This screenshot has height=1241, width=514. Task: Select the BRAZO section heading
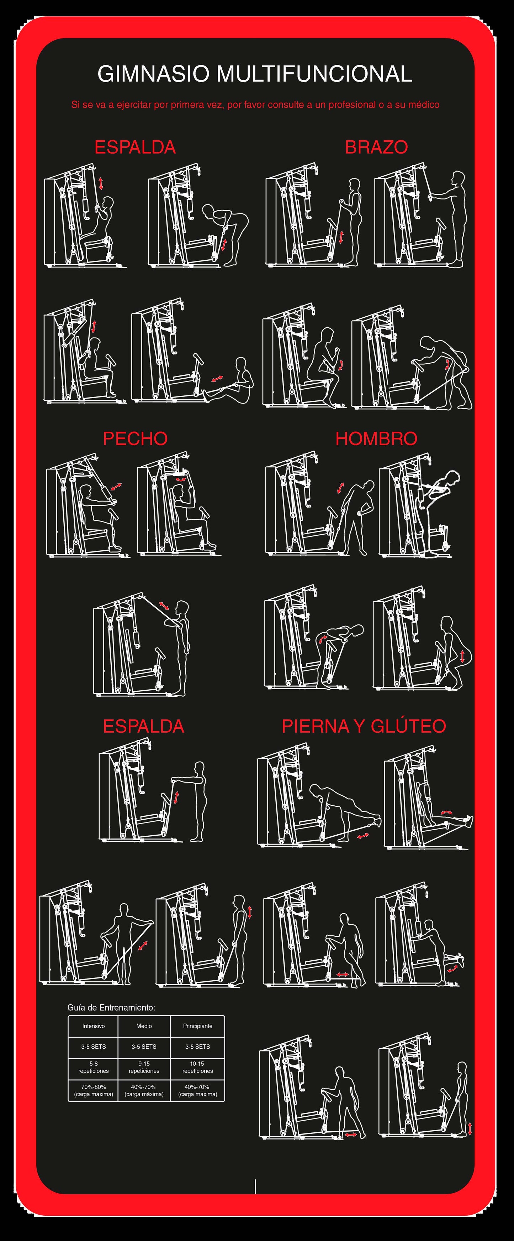click(x=376, y=147)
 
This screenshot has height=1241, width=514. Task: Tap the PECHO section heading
click(x=135, y=438)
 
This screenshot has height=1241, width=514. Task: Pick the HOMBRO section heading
click(x=376, y=438)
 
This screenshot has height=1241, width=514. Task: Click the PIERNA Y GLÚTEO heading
click(x=364, y=726)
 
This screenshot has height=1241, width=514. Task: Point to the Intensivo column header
click(x=93, y=1026)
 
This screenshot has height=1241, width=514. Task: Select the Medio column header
click(x=144, y=1026)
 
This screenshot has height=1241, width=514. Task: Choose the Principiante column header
click(x=197, y=1026)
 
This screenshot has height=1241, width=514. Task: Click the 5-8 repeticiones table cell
click(x=93, y=1067)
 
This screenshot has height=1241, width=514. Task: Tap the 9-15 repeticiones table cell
click(x=144, y=1067)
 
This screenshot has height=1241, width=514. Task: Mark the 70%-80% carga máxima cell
click(x=93, y=1090)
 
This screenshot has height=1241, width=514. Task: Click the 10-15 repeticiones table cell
click(x=197, y=1067)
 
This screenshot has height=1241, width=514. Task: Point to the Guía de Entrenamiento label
click(x=111, y=1007)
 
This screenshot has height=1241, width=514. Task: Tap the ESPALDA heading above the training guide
click(x=143, y=726)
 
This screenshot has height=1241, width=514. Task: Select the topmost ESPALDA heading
click(x=135, y=147)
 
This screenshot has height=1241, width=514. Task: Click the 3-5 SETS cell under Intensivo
click(x=93, y=1047)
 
